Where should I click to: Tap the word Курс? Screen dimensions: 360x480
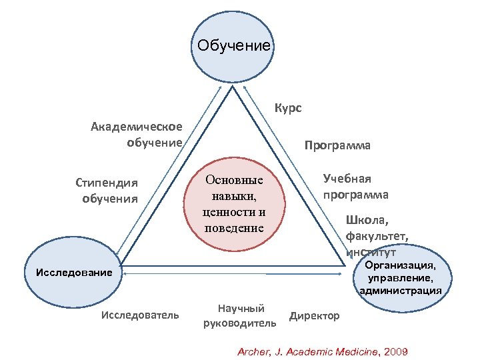coord(288,107)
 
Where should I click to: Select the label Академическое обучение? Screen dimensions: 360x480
coord(137,135)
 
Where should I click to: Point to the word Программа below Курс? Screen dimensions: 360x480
coord(337,145)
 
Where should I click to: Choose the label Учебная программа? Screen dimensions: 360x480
coord(355,187)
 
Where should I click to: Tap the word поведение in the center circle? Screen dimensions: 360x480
coord(234,229)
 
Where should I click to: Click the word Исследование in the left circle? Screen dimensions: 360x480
coord(65,272)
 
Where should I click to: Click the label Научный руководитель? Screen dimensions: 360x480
coord(240,316)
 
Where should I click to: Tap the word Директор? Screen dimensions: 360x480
coord(314,315)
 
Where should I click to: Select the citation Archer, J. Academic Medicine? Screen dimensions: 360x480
coord(307,351)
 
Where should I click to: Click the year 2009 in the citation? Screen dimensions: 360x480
coord(394,351)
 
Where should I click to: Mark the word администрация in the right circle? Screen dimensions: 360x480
coord(400,291)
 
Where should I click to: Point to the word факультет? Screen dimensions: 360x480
coord(377,235)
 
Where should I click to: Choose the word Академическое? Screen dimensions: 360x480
coord(137,127)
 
